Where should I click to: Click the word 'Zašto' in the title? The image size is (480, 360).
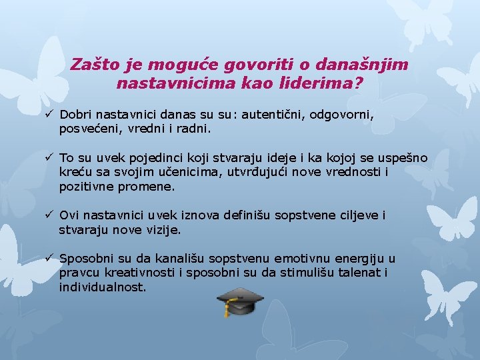tap(93, 65)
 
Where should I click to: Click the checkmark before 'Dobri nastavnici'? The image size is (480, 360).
tap(49, 115)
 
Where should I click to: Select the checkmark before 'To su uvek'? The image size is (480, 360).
tap(49, 158)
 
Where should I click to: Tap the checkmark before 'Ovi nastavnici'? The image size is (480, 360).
tap(49, 215)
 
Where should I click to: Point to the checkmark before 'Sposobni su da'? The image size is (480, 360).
tap(49, 259)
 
